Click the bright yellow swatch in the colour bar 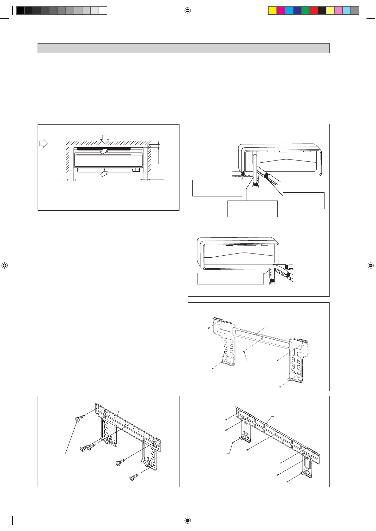pyautogui.click(x=272, y=10)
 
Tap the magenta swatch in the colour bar pyautogui.click(x=281, y=10)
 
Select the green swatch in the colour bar pyautogui.click(x=306, y=10)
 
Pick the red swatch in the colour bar pyautogui.click(x=314, y=10)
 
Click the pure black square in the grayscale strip pyautogui.click(x=20, y=10)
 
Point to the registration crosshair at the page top pyautogui.click(x=188, y=10)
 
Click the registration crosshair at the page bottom pyautogui.click(x=188, y=520)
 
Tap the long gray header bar pyautogui.click(x=183, y=48)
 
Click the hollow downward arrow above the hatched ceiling pyautogui.click(x=105, y=139)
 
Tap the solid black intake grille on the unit pyautogui.click(x=104, y=148)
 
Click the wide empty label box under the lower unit pyautogui.click(x=230, y=278)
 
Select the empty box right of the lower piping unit pyautogui.click(x=302, y=245)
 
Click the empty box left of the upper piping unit pyautogui.click(x=217, y=188)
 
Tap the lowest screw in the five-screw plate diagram pyautogui.click(x=134, y=477)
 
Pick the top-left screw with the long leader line pyautogui.click(x=79, y=418)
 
